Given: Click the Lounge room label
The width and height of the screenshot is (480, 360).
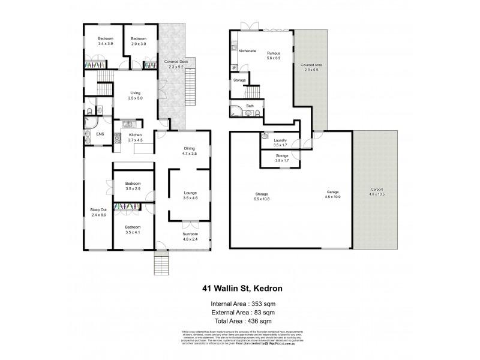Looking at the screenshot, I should click(190, 193).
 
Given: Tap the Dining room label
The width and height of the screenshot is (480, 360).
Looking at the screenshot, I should click(190, 149).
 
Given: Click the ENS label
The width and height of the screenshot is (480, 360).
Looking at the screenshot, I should click(100, 134).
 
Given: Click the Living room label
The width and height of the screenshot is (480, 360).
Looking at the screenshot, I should click(136, 93).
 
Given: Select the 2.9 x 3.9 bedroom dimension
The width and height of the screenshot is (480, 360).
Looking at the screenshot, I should click(139, 44).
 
